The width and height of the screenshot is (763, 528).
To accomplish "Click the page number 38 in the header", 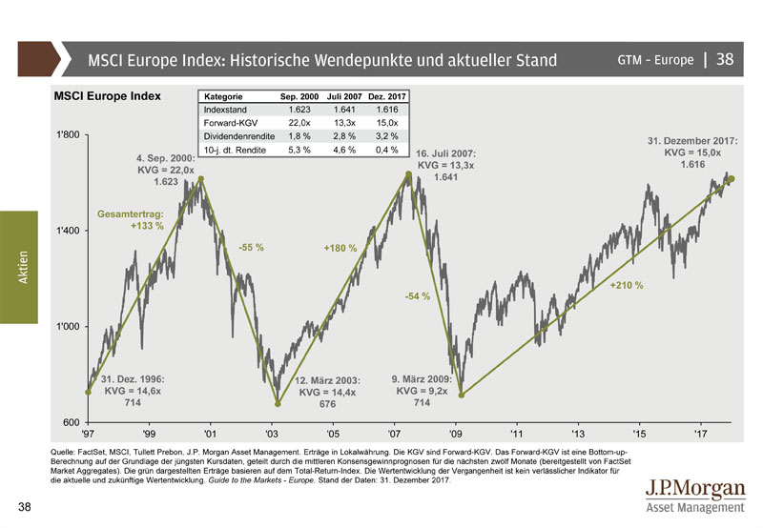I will pos(724,60).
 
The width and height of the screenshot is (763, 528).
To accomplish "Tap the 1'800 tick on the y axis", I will pos(70,135).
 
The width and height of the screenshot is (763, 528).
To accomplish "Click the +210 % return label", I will pos(627,285).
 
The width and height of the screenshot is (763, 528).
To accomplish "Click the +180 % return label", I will pos(340,249).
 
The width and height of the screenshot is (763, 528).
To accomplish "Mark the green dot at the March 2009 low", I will pos(460,394).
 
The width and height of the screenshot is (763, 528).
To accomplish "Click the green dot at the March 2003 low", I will pos(278,403).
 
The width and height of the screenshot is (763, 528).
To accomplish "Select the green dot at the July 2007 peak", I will pos(409,174).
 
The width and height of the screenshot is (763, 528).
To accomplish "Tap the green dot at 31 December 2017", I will pos(731,178).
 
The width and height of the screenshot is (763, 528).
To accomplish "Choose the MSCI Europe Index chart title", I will pos(107,96).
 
